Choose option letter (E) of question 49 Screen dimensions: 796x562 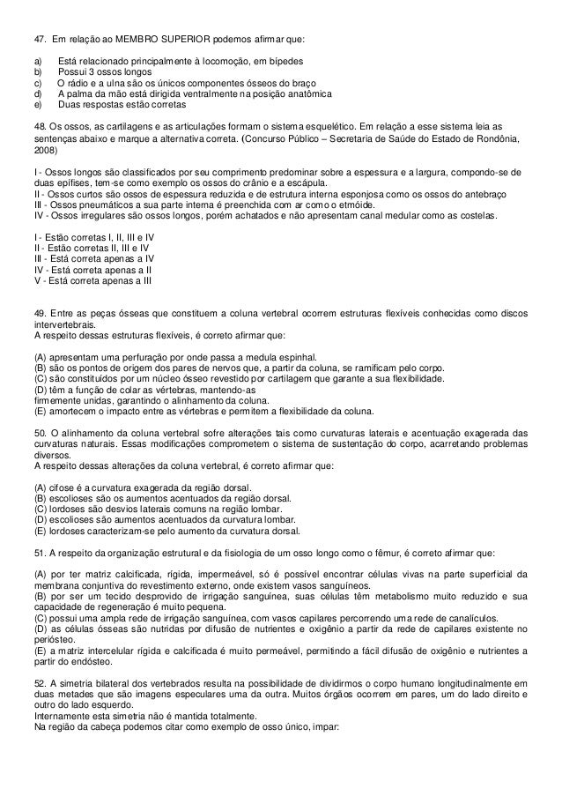click(39, 412)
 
